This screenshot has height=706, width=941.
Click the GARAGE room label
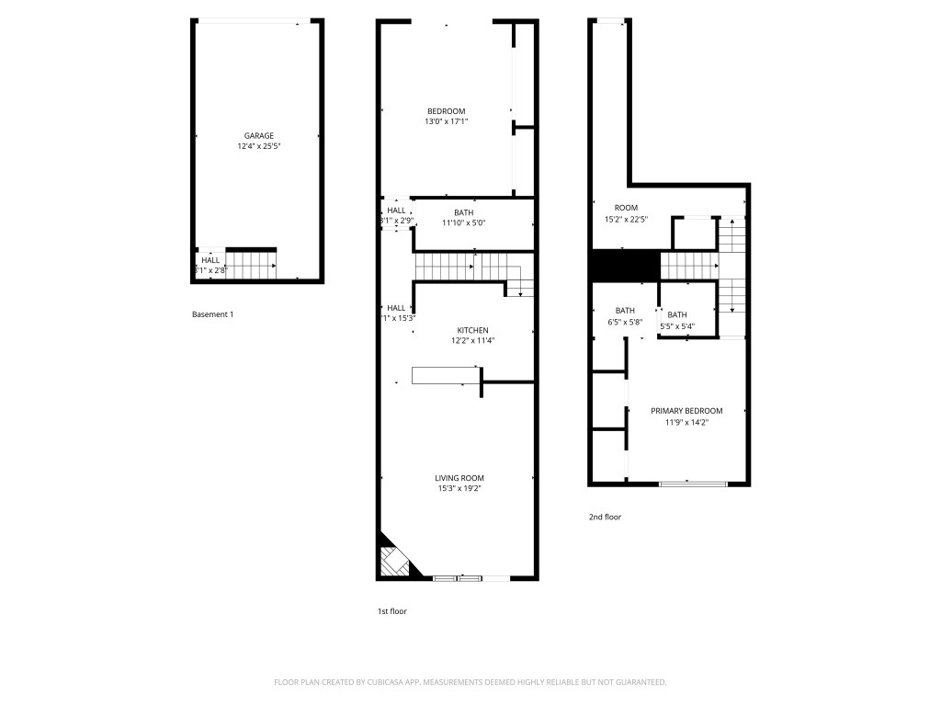[258, 136]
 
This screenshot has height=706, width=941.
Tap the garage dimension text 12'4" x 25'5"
[258, 146]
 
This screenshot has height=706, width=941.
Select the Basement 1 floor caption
[212, 314]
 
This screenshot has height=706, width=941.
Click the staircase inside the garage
[250, 266]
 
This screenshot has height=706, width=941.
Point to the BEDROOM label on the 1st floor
[446, 111]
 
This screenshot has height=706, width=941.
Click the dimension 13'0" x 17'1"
[446, 121]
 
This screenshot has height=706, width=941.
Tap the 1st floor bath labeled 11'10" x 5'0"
[463, 218]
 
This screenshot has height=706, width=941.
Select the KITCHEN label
[472, 330]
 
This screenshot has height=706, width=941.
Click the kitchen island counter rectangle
[446, 375]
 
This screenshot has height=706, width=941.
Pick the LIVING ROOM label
[459, 478]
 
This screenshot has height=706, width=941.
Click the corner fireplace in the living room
[393, 559]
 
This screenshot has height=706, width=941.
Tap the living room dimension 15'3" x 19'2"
[459, 488]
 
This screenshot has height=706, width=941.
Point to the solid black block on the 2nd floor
[625, 266]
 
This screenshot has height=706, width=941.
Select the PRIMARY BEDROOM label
[686, 411]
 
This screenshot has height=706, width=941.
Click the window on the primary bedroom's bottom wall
[693, 483]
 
